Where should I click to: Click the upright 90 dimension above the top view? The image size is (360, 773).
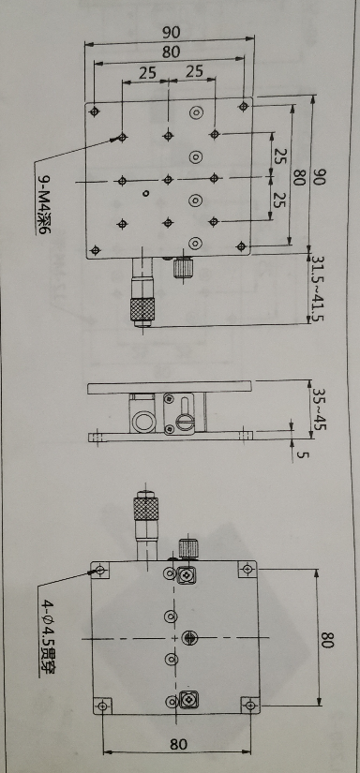170,33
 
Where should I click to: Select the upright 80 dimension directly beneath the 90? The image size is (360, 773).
170,52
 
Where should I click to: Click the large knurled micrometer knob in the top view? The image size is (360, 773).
142,310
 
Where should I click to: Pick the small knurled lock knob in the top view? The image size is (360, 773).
183,269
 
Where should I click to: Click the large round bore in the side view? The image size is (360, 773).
142,423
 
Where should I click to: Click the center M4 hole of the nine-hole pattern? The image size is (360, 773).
167,178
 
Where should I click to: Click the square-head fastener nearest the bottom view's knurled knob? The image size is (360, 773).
187,574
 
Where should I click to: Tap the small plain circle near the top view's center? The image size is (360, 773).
145,194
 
